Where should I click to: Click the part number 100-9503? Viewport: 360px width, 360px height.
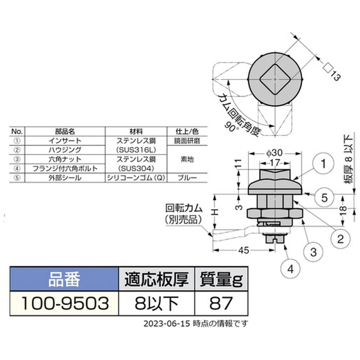point(65,303)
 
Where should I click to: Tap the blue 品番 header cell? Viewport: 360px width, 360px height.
point(64,279)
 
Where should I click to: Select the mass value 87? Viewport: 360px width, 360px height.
point(221,303)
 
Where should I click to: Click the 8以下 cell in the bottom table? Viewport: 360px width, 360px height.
point(157,303)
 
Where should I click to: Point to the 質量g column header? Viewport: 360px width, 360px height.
point(221,279)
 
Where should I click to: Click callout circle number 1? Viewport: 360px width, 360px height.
point(323,164)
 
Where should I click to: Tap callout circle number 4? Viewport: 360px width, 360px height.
point(291,269)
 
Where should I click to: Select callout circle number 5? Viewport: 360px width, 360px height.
point(324,198)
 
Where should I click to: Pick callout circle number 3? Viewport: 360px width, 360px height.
point(314,252)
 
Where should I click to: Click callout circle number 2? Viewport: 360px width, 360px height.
point(340,239)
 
